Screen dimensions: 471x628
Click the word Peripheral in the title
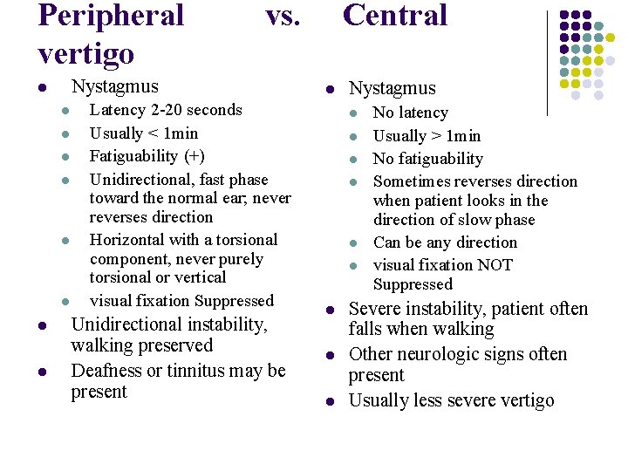[111, 17]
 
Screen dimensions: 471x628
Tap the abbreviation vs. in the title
[283, 15]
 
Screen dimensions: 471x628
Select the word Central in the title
[395, 15]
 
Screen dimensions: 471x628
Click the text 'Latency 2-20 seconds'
[166, 110]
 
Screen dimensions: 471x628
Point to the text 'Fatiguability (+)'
[147, 156]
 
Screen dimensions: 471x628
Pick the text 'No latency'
[410, 113]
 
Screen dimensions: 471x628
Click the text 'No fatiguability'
[427, 159]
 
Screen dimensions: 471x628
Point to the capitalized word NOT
[493, 265]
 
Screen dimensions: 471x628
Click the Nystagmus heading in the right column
[392, 88]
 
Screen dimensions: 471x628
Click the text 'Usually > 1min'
[427, 136]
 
